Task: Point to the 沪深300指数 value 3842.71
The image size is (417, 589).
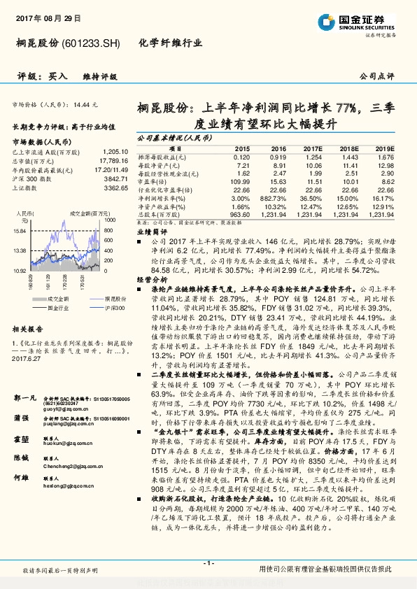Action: [113, 178]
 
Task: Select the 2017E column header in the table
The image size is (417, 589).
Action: [314, 148]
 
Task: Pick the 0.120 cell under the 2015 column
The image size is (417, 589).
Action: [241, 157]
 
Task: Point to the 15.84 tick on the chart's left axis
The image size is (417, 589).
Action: [20, 231]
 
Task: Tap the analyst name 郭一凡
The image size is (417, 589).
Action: [24, 397]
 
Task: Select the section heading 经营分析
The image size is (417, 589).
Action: [148, 278]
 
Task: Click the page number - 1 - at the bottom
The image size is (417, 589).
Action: [208, 563]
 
